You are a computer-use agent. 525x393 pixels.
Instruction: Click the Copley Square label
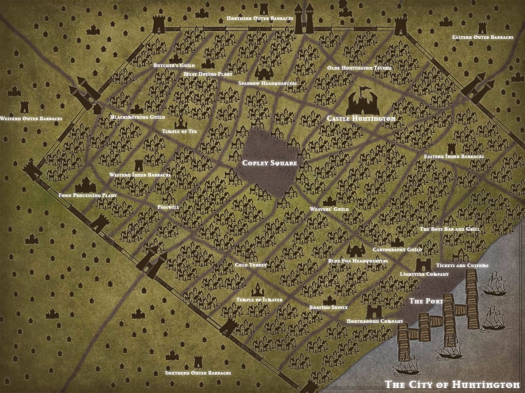270,163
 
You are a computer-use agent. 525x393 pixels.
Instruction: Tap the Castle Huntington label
361,119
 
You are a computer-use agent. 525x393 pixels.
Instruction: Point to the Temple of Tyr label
179,132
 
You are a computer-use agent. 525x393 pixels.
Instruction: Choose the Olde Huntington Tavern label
359,68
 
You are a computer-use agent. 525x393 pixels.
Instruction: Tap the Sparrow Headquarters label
268,83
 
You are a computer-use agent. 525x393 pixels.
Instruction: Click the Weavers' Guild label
329,209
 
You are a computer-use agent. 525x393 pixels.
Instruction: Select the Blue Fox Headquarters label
358,261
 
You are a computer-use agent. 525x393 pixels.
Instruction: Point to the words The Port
426,301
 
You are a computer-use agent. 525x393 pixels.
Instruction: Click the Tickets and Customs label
462,266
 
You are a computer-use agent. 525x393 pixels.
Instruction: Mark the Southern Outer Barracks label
198,373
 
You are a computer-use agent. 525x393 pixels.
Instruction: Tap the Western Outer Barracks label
31,119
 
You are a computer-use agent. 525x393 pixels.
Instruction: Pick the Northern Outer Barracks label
260,18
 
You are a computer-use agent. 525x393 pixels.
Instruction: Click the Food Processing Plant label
88,195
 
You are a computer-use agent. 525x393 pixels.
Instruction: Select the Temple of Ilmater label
259,299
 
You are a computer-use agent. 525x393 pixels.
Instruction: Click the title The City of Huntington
452,384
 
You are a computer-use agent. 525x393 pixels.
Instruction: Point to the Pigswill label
168,207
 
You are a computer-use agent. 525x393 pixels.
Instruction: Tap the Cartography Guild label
397,250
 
